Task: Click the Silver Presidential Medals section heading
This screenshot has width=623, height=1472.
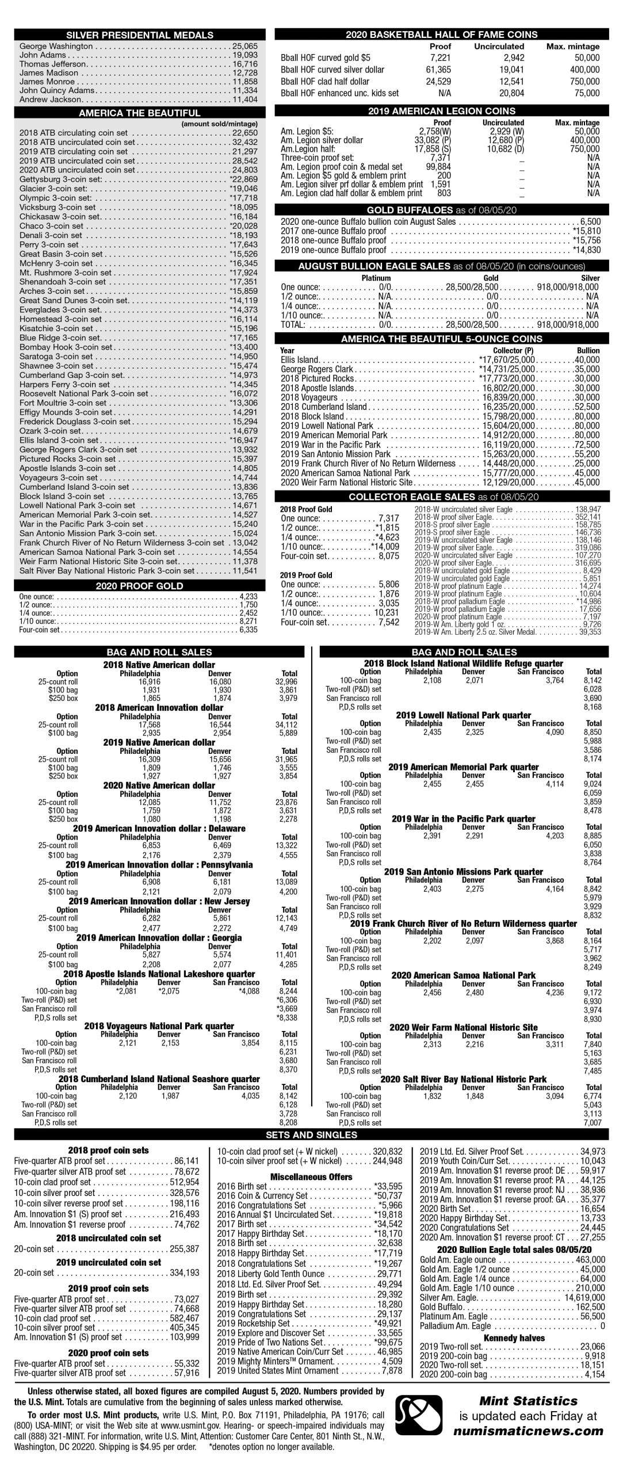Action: pyautogui.click(x=139, y=34)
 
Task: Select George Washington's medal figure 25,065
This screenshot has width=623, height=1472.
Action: pyautogui.click(x=245, y=46)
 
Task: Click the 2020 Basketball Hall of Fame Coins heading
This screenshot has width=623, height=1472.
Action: pyautogui.click(x=441, y=34)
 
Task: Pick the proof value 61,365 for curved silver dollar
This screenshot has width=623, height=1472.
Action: pyautogui.click(x=438, y=70)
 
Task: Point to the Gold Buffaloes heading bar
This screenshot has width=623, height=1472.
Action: pyautogui.click(x=441, y=210)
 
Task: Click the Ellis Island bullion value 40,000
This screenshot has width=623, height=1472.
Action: pyautogui.click(x=587, y=360)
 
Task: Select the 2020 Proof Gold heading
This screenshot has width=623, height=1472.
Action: pyautogui.click(x=139, y=586)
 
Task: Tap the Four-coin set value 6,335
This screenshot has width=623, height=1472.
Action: pyautogui.click(x=248, y=630)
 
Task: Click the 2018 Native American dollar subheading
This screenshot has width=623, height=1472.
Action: pyautogui.click(x=159, y=665)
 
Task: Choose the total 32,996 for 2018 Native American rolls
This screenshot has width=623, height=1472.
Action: pyautogui.click(x=286, y=682)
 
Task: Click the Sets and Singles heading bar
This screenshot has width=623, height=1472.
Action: pyautogui.click(x=311, y=1134)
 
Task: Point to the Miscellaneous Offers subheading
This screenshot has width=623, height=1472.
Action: pyautogui.click(x=311, y=1176)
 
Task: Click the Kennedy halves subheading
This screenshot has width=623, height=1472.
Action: pyautogui.click(x=514, y=1338)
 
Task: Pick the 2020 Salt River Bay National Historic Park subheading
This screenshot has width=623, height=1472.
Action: pyautogui.click(x=463, y=1079)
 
